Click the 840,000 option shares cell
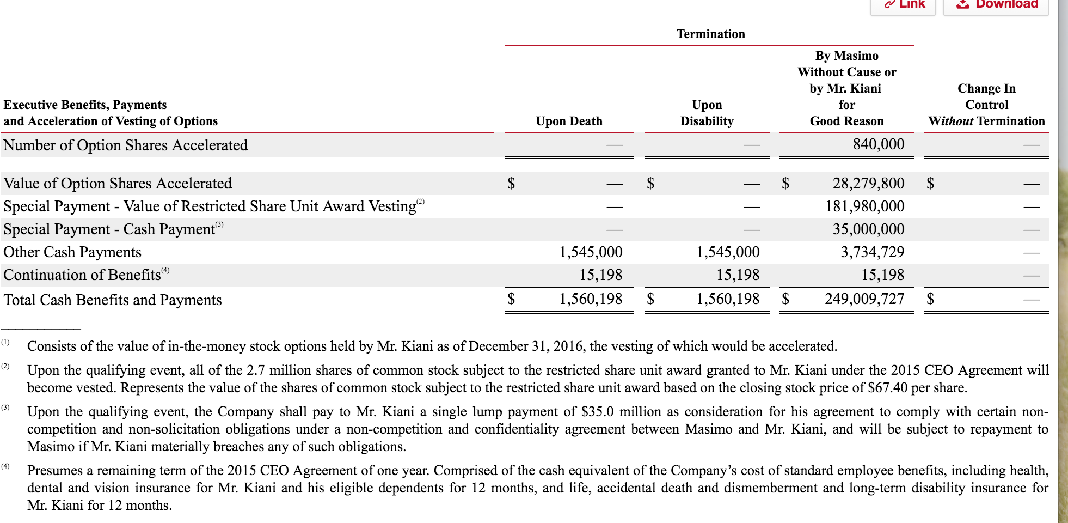878,144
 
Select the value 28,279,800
868,183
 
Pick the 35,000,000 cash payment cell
868,229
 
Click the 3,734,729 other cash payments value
872,252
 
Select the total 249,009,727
864,299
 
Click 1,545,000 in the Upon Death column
591,252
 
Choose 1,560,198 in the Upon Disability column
728,299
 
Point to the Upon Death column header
569,121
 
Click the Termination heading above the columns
710,34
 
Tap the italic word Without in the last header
950,121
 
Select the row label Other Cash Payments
72,252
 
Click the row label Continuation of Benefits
82,275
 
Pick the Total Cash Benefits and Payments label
113,300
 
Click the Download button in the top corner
996,4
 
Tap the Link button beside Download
904,4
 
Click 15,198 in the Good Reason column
882,275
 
